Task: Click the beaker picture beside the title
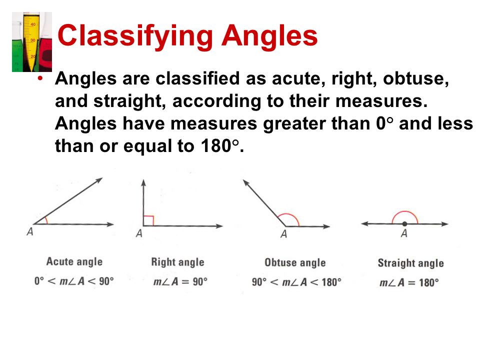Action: [32, 42]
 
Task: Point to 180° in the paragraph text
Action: [218, 146]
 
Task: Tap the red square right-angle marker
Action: [148, 220]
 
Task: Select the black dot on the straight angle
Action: [404, 224]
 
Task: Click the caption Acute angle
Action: [74, 261]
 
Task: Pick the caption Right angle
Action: [177, 262]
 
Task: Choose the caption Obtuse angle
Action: [295, 262]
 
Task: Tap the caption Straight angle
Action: [410, 263]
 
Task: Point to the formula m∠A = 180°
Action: [409, 282]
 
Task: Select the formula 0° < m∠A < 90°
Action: [74, 280]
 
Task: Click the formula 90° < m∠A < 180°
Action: [296, 281]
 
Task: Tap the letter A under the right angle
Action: [139, 233]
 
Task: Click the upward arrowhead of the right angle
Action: [143, 181]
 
